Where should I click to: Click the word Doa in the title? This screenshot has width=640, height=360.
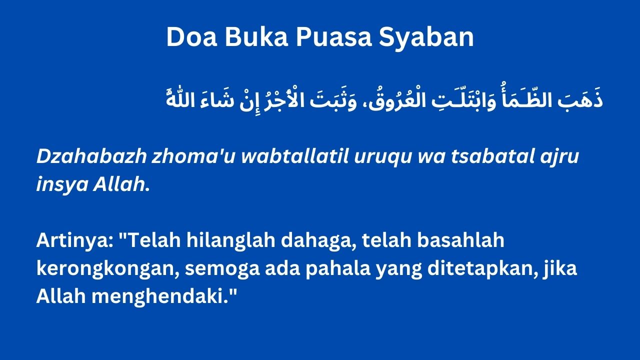click(191, 37)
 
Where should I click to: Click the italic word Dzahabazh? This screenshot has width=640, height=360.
click(91, 156)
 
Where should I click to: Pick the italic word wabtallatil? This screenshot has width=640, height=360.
click(294, 156)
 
